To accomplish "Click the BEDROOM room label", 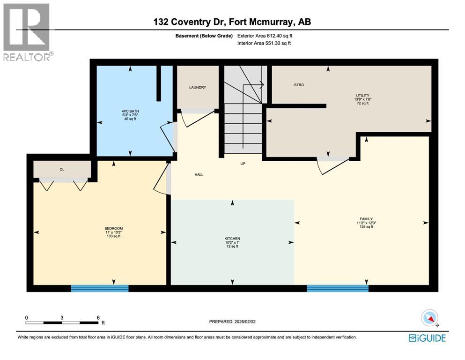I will (113, 228).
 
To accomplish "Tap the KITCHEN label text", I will (232, 239).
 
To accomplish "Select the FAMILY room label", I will (366, 219).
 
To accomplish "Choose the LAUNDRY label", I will (197, 88).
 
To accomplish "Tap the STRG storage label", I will (299, 85).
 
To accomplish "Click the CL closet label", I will (61, 169).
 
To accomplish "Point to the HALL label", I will (199, 175).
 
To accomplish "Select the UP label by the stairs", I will (243, 164).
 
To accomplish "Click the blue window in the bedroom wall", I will (99, 288).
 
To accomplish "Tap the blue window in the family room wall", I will (337, 288).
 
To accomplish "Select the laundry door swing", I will (194, 117).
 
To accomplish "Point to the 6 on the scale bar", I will (98, 317).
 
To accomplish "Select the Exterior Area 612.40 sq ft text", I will (267, 36).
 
